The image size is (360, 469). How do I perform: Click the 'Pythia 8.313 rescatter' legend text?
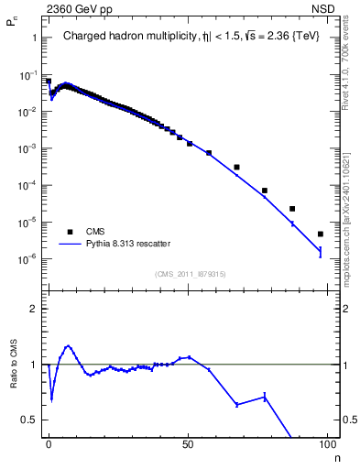128,244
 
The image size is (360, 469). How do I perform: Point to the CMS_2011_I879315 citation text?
191,273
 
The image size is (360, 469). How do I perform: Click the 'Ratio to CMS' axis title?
15,364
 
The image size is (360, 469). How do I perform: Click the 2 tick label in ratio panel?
33,309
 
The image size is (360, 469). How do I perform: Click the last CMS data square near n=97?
320,234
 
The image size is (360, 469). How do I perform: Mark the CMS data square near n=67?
236,167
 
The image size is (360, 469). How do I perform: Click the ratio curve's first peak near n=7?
68,346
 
